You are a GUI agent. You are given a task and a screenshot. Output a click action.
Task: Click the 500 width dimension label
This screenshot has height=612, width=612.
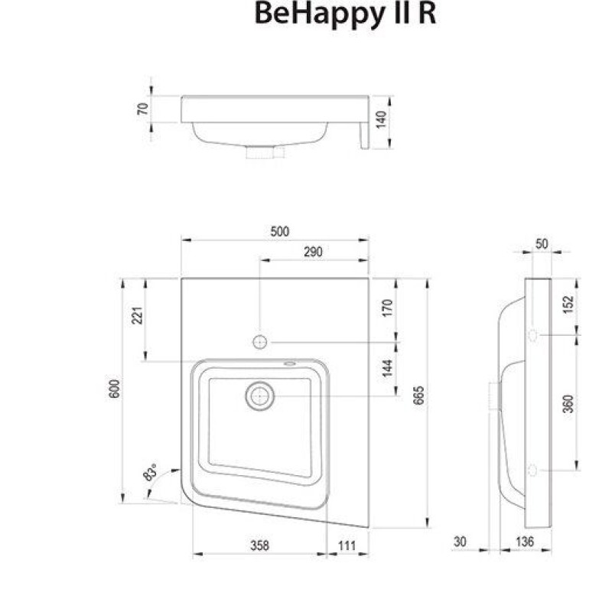pos(279,233)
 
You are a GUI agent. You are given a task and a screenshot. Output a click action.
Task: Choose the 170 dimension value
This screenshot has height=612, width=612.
pos(387,308)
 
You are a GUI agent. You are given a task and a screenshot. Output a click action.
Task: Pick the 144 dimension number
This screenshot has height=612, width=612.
pos(387,369)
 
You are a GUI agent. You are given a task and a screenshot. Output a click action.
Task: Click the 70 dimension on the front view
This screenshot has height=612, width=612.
pos(142,108)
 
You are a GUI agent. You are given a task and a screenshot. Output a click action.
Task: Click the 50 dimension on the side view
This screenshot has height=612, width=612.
pos(542,244)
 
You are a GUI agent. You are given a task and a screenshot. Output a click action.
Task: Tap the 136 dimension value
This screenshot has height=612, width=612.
pos(523,542)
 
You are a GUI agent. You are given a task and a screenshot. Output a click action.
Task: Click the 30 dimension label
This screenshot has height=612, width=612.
pos(460,542)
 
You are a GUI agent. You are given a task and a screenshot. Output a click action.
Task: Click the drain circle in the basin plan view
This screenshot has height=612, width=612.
pos(260,396)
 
